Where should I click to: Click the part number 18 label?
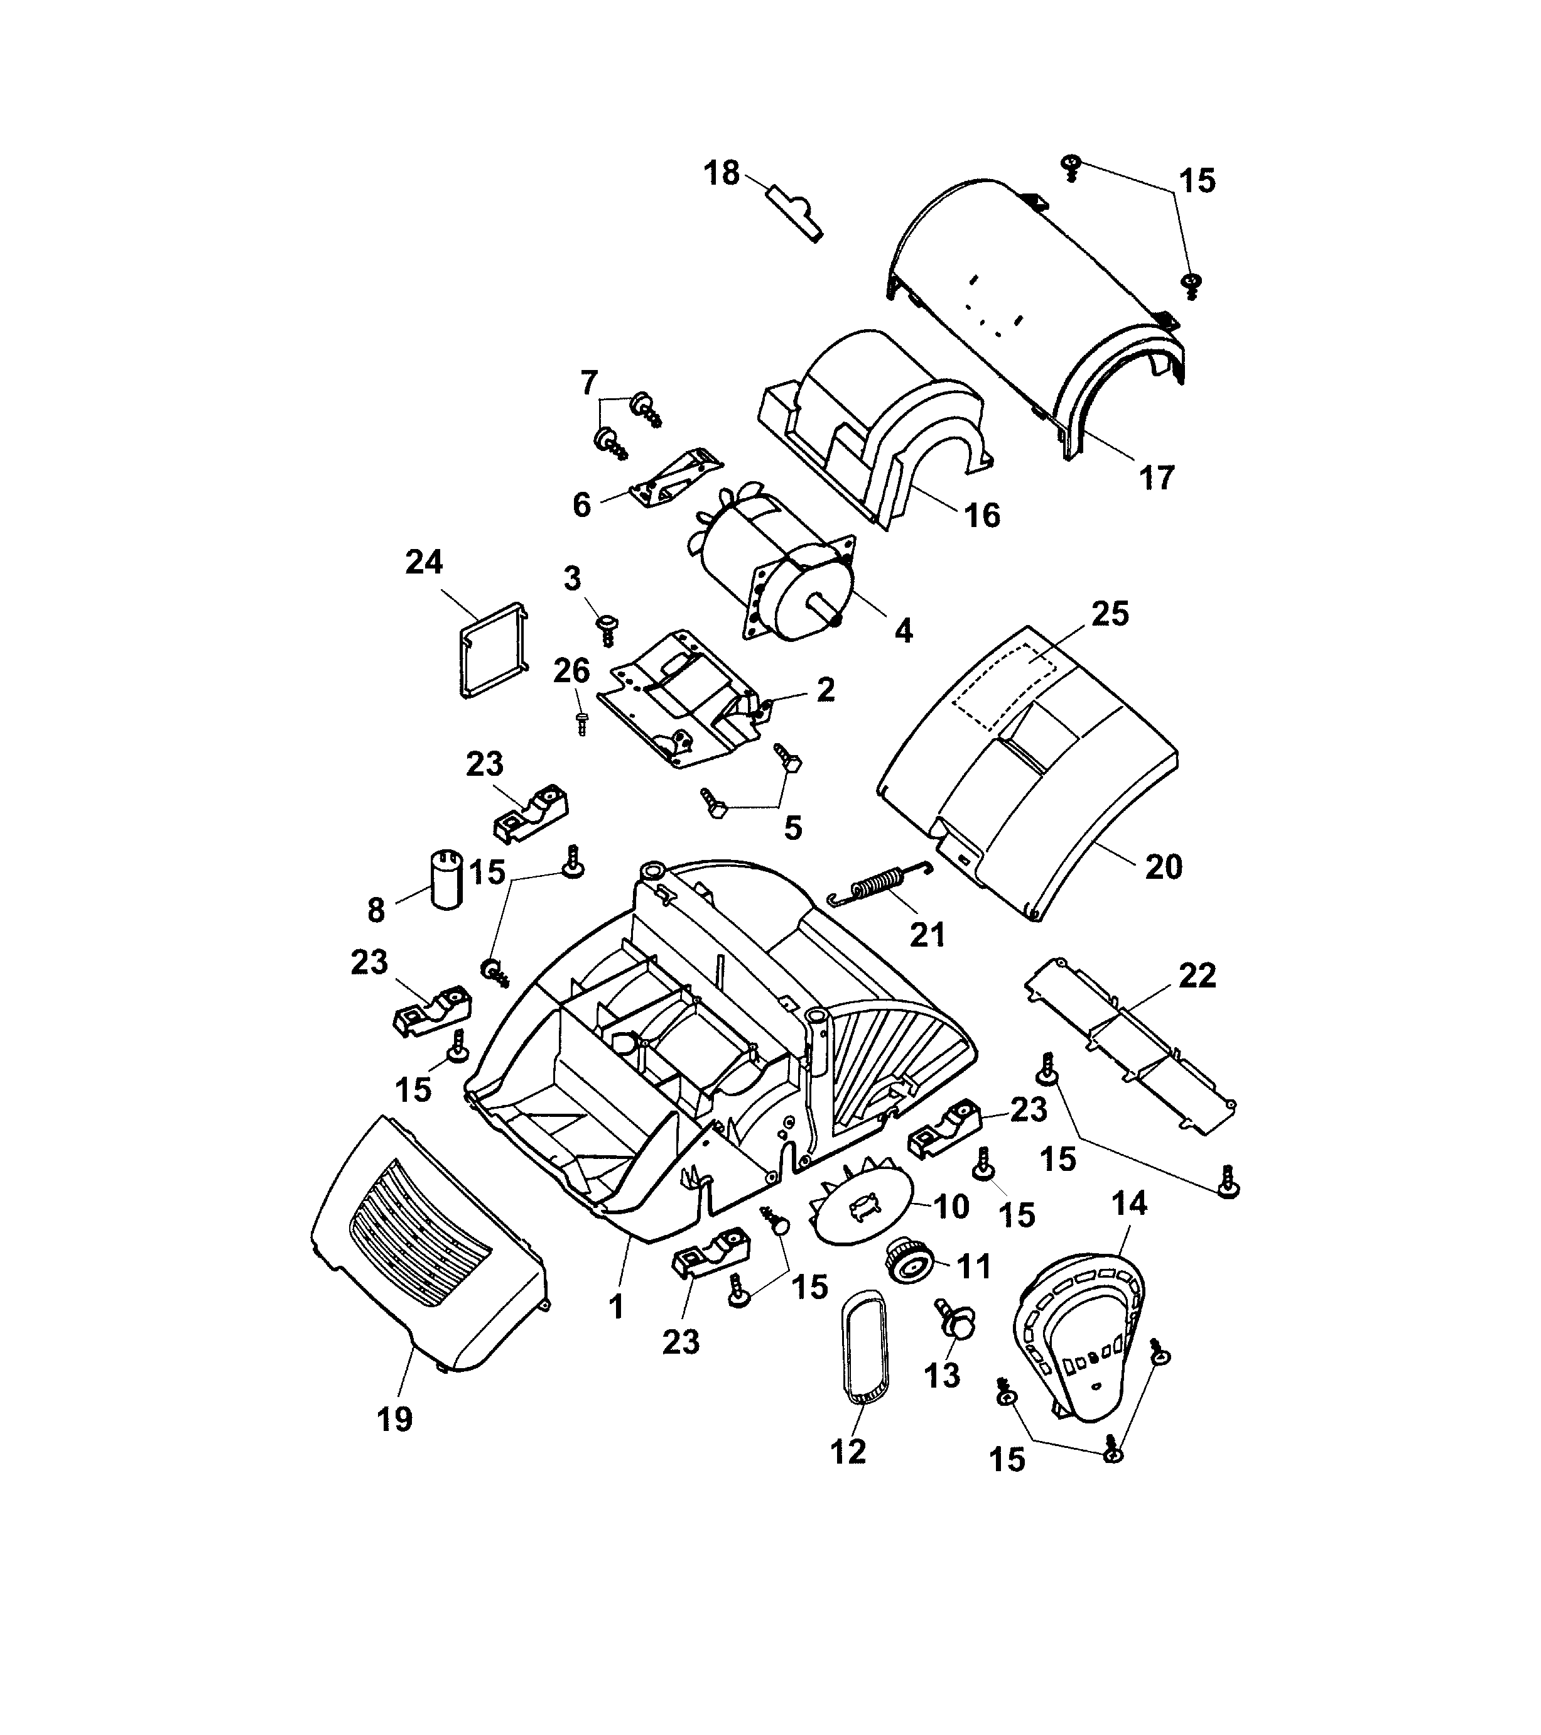(722, 173)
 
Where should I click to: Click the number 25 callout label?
(1110, 613)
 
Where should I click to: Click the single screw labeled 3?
(608, 630)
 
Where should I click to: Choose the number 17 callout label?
(1155, 479)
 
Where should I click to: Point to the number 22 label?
(1196, 976)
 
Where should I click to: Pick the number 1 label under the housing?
(617, 1305)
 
